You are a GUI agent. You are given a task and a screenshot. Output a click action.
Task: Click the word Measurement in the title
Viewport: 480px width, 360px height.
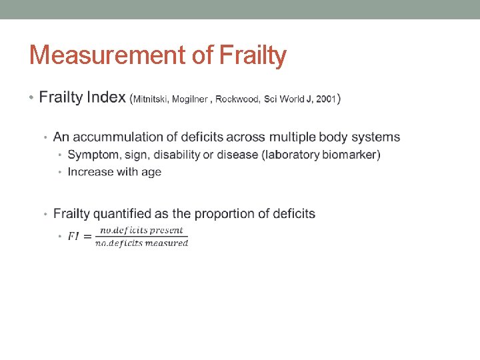coord(107,55)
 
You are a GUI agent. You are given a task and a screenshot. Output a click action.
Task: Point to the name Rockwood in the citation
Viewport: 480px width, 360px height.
coord(238,99)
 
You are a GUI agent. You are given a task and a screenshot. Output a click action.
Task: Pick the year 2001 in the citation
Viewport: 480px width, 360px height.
coord(325,99)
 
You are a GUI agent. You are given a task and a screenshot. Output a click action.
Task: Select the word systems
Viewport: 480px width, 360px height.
coord(377,137)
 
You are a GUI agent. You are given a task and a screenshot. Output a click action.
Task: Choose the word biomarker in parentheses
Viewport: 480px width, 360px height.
coord(351,155)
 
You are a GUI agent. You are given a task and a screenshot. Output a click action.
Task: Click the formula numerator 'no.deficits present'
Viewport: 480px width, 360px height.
coord(141,231)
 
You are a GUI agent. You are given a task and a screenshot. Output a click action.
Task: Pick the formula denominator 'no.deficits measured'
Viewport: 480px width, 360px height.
coord(141,243)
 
